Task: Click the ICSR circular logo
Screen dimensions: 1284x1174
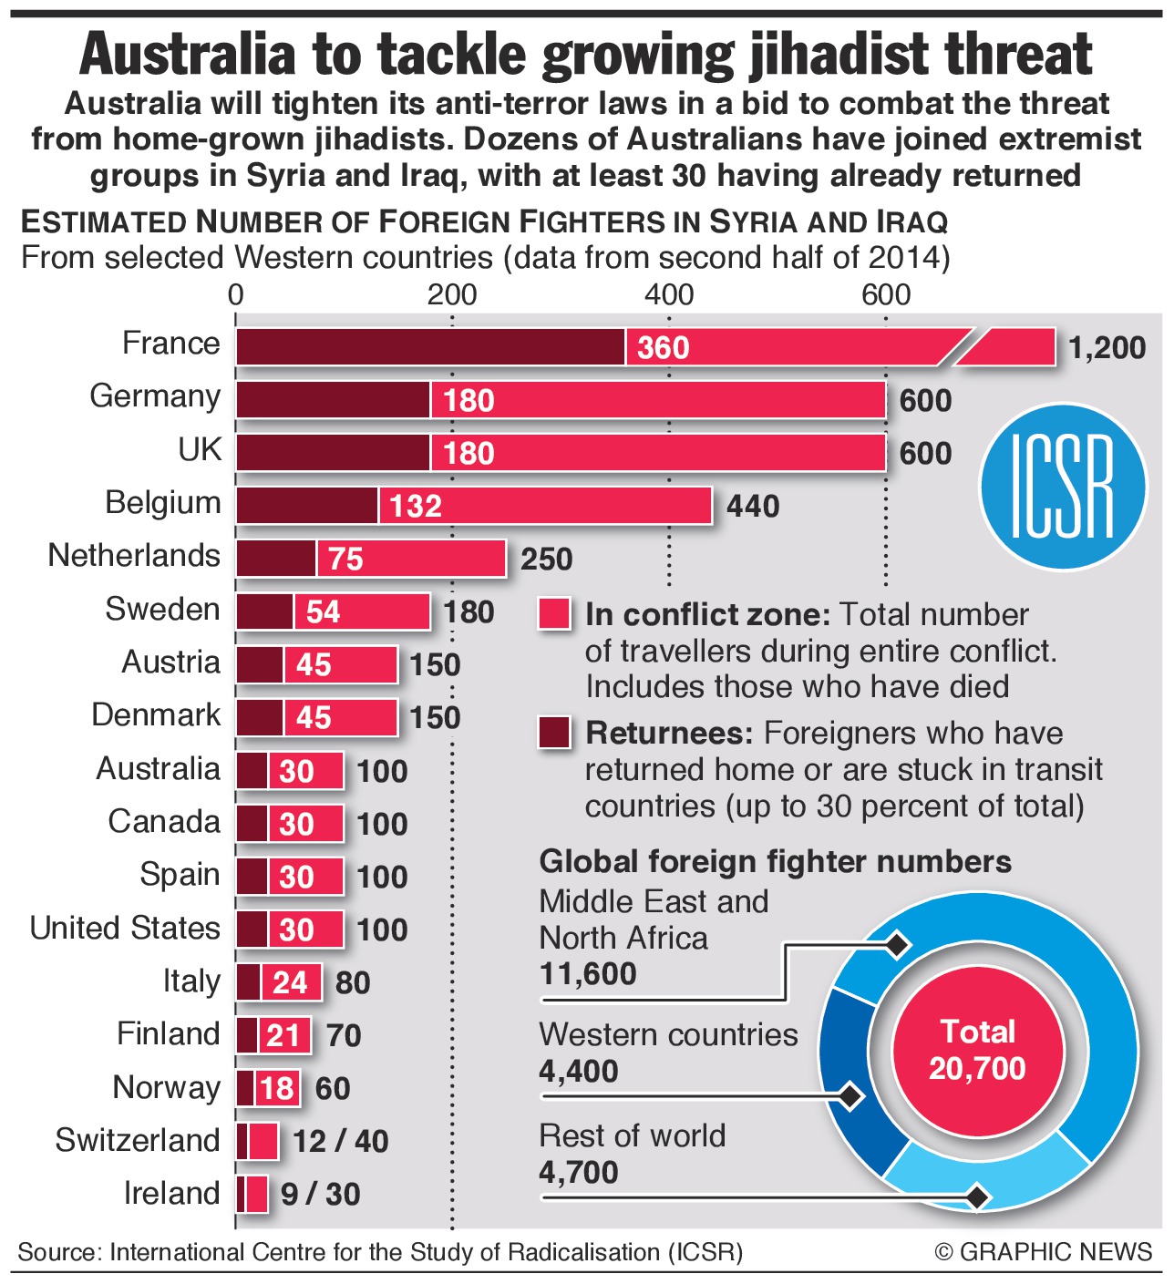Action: [x=1062, y=487]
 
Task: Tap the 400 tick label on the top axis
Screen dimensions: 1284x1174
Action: [x=668, y=294]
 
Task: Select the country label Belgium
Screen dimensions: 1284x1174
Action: [x=162, y=503]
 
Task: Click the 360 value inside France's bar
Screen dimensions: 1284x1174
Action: [x=663, y=348]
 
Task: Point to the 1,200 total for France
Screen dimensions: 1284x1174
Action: [x=1107, y=348]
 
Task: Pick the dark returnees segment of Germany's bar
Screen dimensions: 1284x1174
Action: [x=333, y=400]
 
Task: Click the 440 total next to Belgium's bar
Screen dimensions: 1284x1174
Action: [x=752, y=507]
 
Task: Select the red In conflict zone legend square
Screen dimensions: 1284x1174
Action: [x=555, y=614]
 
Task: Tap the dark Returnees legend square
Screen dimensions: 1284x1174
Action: [x=555, y=733]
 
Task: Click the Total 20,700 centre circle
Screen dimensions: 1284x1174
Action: [x=977, y=1050]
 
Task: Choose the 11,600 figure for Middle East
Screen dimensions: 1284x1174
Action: [x=588, y=974]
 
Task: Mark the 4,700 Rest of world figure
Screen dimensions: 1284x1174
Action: [x=578, y=1172]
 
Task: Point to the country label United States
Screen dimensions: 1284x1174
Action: [x=125, y=929]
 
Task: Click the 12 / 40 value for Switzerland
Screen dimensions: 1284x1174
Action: [x=340, y=1141]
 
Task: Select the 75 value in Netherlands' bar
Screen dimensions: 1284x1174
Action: [x=345, y=560]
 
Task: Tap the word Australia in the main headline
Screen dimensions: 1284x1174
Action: [x=187, y=55]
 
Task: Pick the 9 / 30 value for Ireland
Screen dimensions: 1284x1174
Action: [x=320, y=1194]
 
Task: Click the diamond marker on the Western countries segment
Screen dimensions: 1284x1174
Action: [x=850, y=1094]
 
